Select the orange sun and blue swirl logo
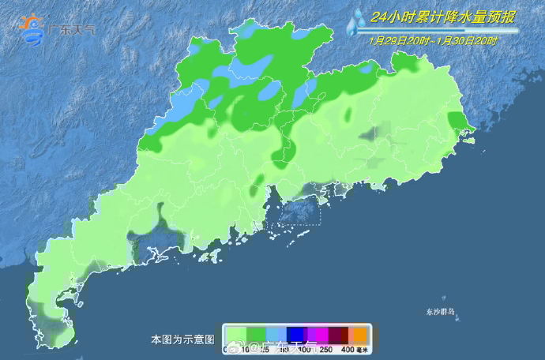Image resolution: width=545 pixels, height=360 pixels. click(32, 28)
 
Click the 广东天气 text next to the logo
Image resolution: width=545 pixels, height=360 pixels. click(72, 30)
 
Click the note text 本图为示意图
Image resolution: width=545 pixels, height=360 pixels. click(182, 339)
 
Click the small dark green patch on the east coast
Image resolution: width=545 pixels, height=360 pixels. click(457, 121)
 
